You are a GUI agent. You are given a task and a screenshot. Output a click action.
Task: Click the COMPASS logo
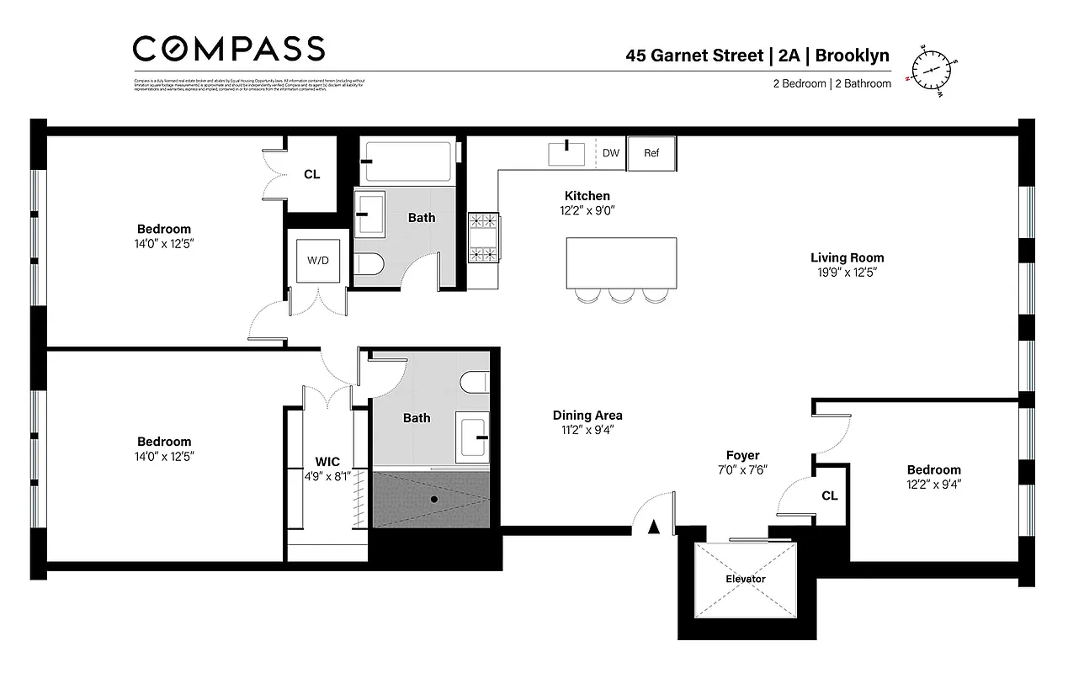[228, 48]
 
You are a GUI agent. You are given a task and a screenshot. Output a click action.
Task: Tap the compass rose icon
[931, 69]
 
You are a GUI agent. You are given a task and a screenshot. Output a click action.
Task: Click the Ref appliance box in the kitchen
[651, 153]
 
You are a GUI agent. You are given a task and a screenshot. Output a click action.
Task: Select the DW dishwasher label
[611, 153]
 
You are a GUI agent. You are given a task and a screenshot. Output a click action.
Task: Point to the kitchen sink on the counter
[567, 154]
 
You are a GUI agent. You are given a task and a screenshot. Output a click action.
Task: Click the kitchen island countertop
[621, 262]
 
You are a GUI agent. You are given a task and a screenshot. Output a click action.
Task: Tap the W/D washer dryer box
[318, 260]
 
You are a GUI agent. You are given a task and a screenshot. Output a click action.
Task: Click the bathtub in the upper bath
[408, 161]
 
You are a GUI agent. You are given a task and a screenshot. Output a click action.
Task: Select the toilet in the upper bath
[369, 265]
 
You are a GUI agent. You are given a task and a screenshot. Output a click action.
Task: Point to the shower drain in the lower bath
[434, 499]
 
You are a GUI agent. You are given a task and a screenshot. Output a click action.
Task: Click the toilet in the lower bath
[475, 383]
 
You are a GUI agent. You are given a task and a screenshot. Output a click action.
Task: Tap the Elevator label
[746, 579]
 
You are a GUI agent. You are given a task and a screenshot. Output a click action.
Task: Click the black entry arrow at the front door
[653, 527]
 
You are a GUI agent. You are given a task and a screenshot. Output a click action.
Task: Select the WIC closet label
[327, 462]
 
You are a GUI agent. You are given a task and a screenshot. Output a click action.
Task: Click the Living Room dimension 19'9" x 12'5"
[847, 273]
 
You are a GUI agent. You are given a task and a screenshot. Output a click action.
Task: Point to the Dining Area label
[587, 416]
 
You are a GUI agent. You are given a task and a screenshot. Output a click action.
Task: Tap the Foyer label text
[742, 455]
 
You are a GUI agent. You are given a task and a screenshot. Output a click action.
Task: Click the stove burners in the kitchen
[483, 238]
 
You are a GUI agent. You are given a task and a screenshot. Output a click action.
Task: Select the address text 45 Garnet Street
[693, 56]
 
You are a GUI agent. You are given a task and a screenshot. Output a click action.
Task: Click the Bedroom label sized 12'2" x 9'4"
[933, 470]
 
